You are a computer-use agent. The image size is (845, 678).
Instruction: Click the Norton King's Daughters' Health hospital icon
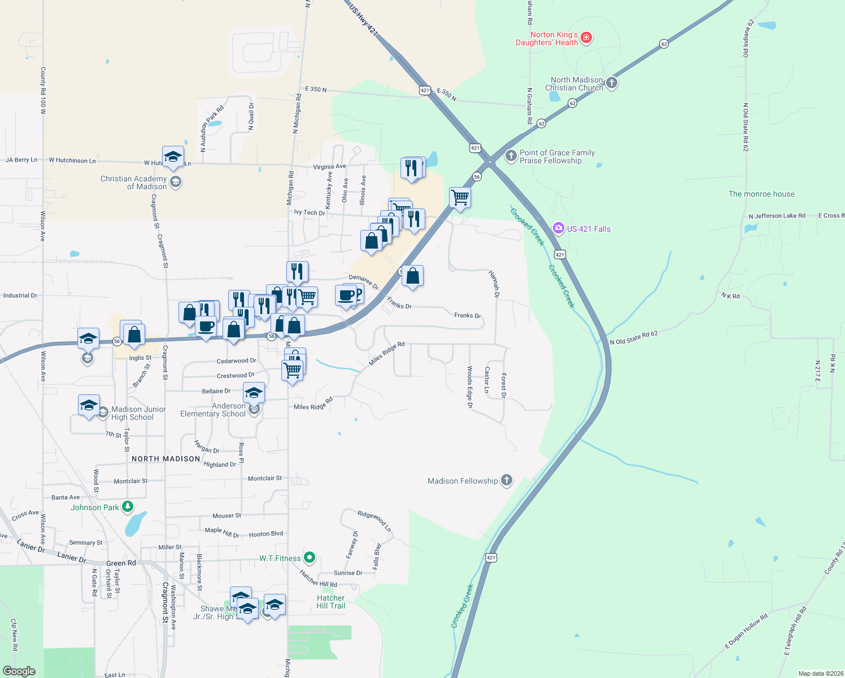(586, 38)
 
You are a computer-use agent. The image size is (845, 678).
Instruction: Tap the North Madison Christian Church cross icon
(611, 83)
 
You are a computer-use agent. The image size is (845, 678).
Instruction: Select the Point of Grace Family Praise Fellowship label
(557, 157)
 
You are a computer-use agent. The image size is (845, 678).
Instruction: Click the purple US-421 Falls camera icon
(559, 228)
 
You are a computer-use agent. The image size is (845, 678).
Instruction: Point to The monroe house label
(761, 194)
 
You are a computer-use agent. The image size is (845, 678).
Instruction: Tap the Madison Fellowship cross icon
(507, 480)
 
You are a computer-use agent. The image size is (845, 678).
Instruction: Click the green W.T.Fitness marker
(309, 558)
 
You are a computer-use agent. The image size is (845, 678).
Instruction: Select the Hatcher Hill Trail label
(330, 602)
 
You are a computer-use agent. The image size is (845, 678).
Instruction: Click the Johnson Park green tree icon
(128, 507)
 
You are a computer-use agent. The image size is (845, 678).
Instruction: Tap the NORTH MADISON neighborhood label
(165, 459)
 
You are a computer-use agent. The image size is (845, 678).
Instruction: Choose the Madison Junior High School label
(138, 413)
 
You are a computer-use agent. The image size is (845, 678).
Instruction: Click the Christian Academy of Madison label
(134, 182)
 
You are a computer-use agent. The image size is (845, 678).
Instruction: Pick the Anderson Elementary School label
(213, 410)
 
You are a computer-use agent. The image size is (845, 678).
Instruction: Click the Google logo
(19, 671)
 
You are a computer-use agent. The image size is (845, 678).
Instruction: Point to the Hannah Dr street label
(494, 284)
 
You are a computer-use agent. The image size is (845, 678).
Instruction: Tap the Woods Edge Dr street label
(469, 386)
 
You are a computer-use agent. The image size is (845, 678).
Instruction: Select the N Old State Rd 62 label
(634, 338)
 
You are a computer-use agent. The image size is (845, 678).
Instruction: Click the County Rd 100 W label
(43, 91)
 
